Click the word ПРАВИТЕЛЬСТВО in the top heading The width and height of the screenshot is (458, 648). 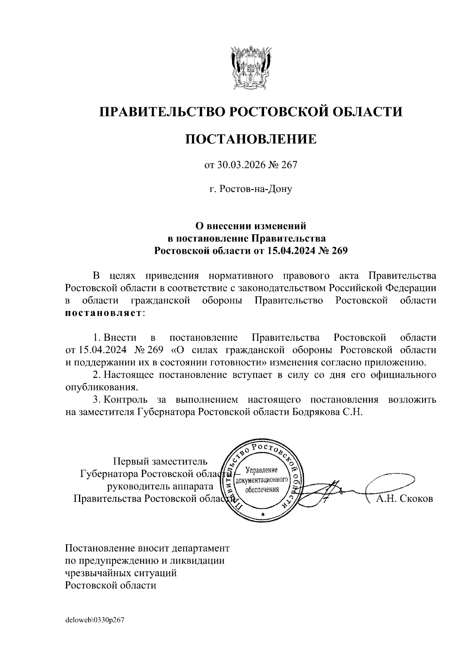tap(161, 112)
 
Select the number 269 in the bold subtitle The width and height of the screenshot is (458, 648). tap(340, 251)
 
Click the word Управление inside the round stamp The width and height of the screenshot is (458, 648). tap(262, 470)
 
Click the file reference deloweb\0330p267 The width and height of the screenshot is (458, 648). tap(95, 620)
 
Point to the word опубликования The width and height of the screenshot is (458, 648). tap(101, 387)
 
